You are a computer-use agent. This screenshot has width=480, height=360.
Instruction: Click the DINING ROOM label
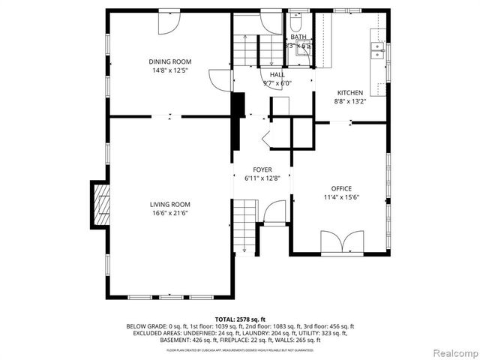tap(169, 61)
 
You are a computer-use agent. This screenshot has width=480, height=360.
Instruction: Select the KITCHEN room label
tap(349, 92)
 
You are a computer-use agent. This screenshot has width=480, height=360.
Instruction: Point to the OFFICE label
tap(341, 188)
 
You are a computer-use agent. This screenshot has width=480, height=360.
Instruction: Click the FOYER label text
tap(262, 169)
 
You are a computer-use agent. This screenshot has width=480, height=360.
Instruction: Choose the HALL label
tap(277, 75)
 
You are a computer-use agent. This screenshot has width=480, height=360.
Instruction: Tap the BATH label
tap(298, 37)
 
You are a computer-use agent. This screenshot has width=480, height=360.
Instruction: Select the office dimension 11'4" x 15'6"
tap(341, 197)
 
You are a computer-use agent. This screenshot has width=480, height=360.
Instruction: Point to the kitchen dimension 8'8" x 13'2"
tap(349, 101)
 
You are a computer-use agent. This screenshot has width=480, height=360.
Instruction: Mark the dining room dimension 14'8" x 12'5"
tap(169, 70)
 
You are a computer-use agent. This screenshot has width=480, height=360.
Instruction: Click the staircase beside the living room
tap(244, 226)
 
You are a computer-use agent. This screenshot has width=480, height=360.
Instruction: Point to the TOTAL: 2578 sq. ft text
tap(240, 319)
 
